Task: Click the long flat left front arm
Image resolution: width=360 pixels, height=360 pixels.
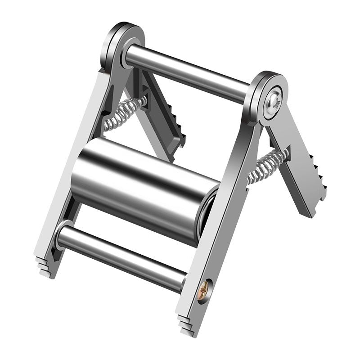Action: (72, 171)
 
